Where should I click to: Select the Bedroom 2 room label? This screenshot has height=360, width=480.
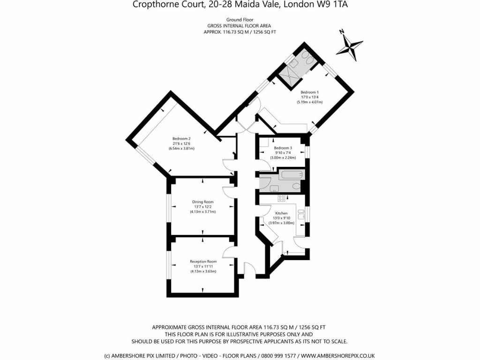[x=181, y=139]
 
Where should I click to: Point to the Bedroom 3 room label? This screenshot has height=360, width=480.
[x=283, y=148]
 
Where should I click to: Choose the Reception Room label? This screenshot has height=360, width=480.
[x=203, y=262]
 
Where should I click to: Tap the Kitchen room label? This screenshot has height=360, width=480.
[x=281, y=213]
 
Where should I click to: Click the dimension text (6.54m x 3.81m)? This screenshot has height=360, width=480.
[x=181, y=149]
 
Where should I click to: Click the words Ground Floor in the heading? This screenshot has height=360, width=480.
[x=239, y=20]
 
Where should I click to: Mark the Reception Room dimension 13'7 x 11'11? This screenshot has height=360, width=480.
[x=203, y=266]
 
